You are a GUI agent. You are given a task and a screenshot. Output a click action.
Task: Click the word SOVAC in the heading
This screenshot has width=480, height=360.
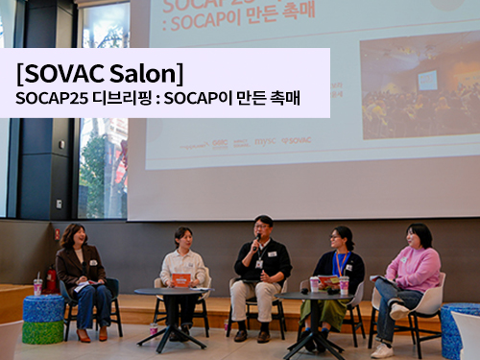66,73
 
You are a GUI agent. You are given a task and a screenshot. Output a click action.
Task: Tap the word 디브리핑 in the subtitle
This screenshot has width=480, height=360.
122,99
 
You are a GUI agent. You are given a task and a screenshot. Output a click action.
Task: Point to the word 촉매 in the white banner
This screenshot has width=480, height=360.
282,99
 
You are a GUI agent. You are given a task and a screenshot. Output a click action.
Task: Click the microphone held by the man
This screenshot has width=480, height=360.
257,240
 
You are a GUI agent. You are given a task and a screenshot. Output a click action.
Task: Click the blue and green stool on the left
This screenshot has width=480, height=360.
42,319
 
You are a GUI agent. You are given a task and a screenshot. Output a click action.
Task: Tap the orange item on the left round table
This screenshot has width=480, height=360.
180,280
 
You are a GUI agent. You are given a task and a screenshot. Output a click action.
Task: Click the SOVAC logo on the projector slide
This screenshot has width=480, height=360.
297,140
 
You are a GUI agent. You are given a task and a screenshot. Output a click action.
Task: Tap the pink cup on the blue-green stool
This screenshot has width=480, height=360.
37,286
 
